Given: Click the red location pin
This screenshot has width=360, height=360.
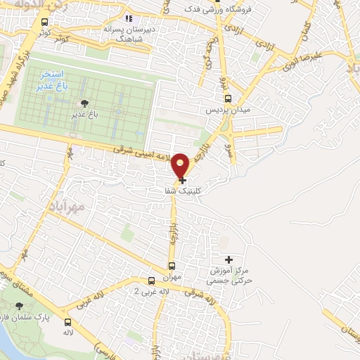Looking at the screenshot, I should [x=181, y=165].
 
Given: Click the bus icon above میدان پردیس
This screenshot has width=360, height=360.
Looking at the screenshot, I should [x=227, y=99].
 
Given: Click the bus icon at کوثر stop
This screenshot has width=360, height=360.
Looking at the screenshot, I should [x=45, y=22].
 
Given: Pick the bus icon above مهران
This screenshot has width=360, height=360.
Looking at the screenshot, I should [x=172, y=266].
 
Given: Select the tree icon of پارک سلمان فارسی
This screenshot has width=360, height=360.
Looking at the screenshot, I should [x=19, y=307].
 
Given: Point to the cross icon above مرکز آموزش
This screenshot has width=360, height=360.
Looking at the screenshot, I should [x=227, y=259].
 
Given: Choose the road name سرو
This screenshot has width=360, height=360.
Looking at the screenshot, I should [x=229, y=148].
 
